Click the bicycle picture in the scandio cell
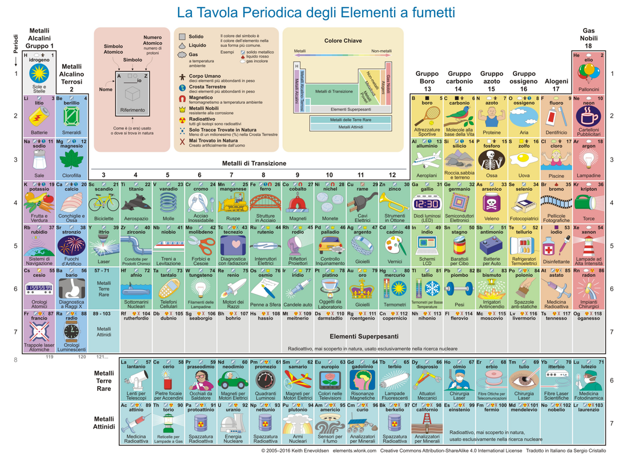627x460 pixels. tap(104, 203)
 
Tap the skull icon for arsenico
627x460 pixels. tap(491, 203)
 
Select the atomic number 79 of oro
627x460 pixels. tap(375, 271)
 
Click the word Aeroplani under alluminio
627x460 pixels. tap(427, 176)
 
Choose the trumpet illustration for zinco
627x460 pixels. tap(395, 200)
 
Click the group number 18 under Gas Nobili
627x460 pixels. tap(588, 46)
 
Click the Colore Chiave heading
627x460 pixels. tap(343, 41)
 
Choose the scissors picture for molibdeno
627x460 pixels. tap(200, 246)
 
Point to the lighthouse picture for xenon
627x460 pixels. tap(589, 246)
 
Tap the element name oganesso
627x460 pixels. tap(589, 318)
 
